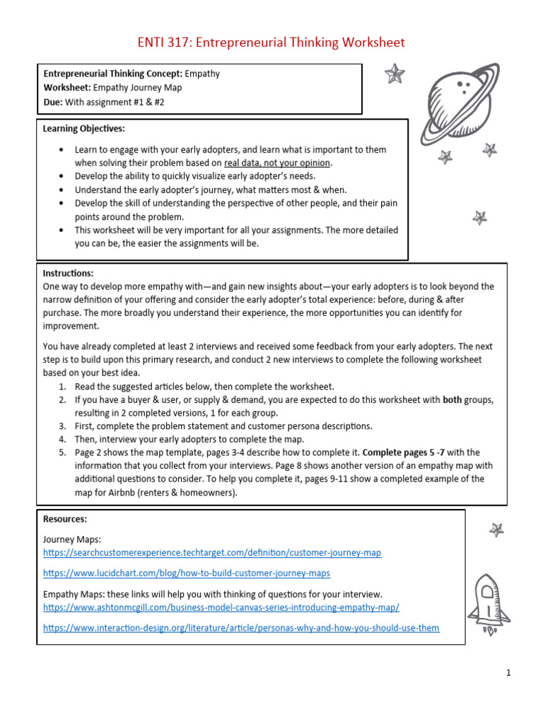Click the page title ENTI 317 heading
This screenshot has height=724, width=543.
pos(271,42)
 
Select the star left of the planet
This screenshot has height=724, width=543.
pos(395,74)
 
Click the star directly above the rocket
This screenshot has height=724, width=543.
pos(496,529)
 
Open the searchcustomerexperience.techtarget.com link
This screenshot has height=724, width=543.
pos(212,552)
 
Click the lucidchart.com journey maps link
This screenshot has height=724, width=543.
pos(187,573)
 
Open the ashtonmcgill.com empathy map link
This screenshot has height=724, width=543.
pos(221,607)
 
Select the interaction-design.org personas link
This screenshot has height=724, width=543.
pos(241,628)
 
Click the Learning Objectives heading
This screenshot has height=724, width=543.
pos(83,129)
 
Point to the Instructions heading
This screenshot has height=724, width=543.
pos(68,273)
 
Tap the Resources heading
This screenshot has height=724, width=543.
pos(66,518)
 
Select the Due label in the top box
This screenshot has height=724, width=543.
pos(54,103)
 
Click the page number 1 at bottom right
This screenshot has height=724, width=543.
pos(508,673)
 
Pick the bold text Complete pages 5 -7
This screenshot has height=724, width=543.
pos(403,452)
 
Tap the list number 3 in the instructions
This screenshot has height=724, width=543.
pos(62,426)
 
